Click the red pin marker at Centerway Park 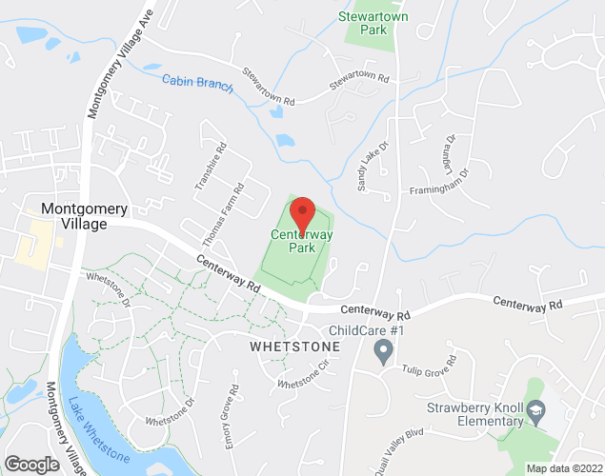pyautogui.click(x=302, y=213)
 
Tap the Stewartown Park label pyautogui.click(x=367, y=23)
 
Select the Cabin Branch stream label pyautogui.click(x=197, y=83)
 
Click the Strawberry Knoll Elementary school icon pyautogui.click(x=535, y=410)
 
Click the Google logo pyautogui.click(x=31, y=464)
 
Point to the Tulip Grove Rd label pyautogui.click(x=430, y=367)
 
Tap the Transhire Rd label pyautogui.click(x=211, y=168)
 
